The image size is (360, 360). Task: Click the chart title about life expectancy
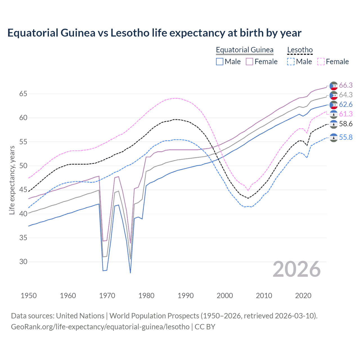pyautogui.click(x=154, y=33)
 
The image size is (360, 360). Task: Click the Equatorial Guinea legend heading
pyautogui.click(x=244, y=50)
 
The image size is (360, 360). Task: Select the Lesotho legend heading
pyautogui.click(x=300, y=50)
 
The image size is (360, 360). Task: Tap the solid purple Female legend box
pyautogui.click(x=249, y=62)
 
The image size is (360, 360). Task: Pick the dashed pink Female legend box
pyautogui.click(x=321, y=62)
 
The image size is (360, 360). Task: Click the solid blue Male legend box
pyautogui.click(x=220, y=62)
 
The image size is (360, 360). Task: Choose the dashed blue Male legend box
pyautogui.click(x=291, y=62)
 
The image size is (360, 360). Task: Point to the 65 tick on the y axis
pyautogui.click(x=23, y=94)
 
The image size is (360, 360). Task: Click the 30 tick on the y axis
pyautogui.click(x=23, y=262)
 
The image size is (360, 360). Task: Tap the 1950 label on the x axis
pyautogui.click(x=29, y=296)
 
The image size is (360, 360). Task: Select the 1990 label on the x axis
pyautogui.click(x=186, y=296)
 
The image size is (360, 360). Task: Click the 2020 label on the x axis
pyautogui.click(x=303, y=296)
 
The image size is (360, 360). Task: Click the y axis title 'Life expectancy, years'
pyautogui.click(x=12, y=180)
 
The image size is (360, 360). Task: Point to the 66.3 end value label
pyautogui.click(x=346, y=85)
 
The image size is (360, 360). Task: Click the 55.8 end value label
pyautogui.click(x=346, y=137)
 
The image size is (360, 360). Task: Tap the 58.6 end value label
pyautogui.click(x=346, y=124)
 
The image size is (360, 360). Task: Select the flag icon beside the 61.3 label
pyautogui.click(x=334, y=114)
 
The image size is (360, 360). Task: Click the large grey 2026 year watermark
pyautogui.click(x=296, y=269)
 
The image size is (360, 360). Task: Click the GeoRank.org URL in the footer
pyautogui.click(x=100, y=327)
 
